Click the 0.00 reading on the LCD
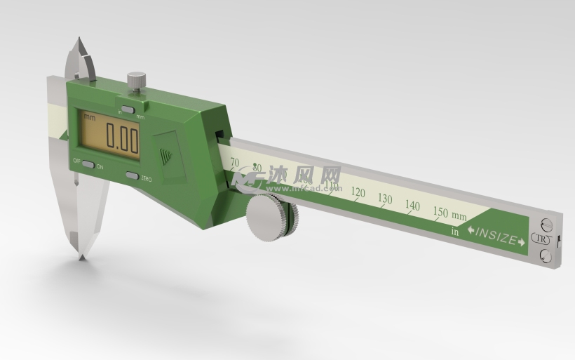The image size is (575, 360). [x=122, y=138]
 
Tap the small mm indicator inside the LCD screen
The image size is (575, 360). [x=89, y=118]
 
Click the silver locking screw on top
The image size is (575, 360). [x=136, y=80]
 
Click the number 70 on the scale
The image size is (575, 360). [x=235, y=163]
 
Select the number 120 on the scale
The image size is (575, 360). [x=358, y=192]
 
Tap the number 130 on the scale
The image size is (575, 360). [x=385, y=199]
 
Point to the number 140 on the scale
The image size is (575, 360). [x=412, y=206]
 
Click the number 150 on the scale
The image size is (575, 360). [x=440, y=212]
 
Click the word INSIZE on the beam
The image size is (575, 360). [x=497, y=236]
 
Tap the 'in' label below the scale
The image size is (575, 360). [x=454, y=230]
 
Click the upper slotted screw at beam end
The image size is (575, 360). [x=547, y=225]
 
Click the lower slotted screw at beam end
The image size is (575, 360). [x=546, y=257]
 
